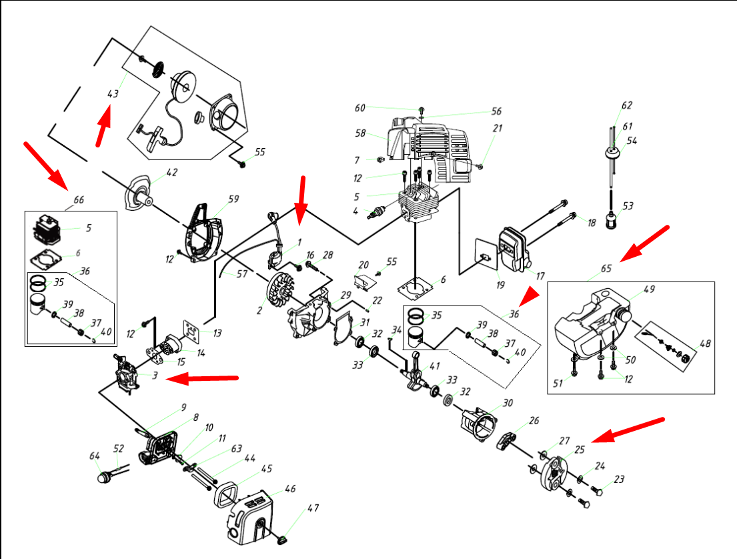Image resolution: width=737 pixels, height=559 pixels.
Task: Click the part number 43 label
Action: [113, 93]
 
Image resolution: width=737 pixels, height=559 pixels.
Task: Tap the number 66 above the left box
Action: [79, 200]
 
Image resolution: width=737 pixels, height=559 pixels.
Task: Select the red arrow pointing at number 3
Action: [202, 378]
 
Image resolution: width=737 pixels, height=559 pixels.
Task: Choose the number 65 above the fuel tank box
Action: [606, 268]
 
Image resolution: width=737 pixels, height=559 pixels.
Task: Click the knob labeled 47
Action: [283, 540]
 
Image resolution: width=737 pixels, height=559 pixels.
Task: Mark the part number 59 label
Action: [233, 199]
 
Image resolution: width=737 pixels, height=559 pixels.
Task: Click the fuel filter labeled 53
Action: [612, 220]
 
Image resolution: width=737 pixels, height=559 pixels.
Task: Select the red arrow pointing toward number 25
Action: [627, 430]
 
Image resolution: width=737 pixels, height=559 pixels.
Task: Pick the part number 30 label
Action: [508, 403]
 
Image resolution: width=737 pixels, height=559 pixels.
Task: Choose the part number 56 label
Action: [496, 111]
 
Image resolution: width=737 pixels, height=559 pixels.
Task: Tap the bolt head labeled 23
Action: [598, 492]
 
